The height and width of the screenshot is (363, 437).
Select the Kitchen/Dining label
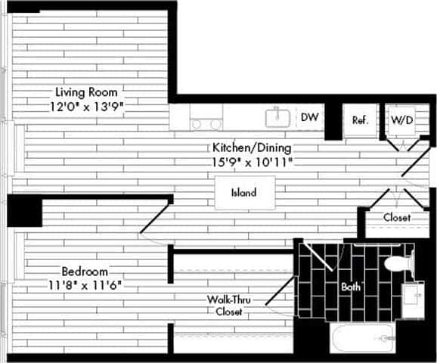pyautogui.click(x=251, y=147)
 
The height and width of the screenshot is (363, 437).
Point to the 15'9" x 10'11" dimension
pyautogui.click(x=251, y=162)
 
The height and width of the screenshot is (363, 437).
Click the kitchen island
pyautogui.click(x=243, y=193)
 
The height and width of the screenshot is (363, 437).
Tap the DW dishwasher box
pyautogui.click(x=308, y=117)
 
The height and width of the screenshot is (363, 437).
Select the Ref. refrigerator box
pyautogui.click(x=360, y=120)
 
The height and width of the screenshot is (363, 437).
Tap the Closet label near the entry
pyautogui.click(x=396, y=218)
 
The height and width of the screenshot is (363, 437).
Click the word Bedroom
pyautogui.click(x=84, y=271)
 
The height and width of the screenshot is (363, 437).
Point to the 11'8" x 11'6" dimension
pyautogui.click(x=84, y=285)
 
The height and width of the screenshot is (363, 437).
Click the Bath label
pyautogui.click(x=351, y=287)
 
